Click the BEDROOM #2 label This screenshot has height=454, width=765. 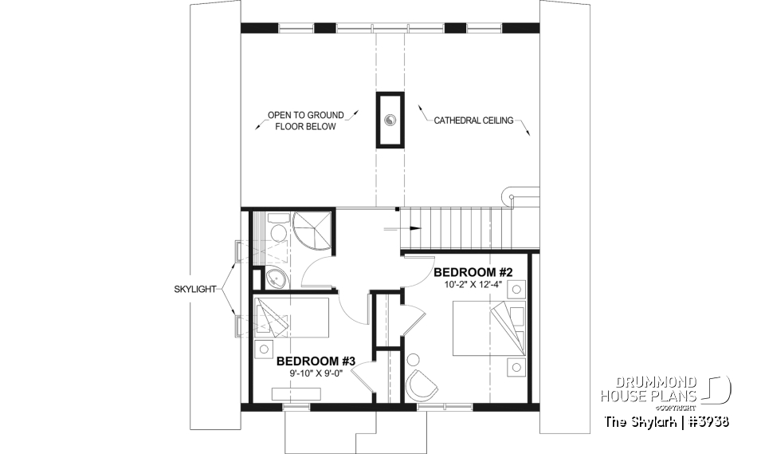click(x=473, y=272)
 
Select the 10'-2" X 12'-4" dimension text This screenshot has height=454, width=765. click(x=473, y=285)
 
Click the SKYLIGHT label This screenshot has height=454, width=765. click(x=195, y=290)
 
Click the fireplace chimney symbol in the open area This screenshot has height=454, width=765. click(x=390, y=120)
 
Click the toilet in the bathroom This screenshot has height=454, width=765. click(x=277, y=231)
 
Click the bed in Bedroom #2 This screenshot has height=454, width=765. click(x=480, y=327)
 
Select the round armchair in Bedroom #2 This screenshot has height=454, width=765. click(x=422, y=385)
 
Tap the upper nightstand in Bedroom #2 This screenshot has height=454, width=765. click(x=515, y=290)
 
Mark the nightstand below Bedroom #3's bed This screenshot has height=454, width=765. click(x=262, y=349)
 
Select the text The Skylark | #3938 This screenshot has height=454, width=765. click(x=666, y=421)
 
